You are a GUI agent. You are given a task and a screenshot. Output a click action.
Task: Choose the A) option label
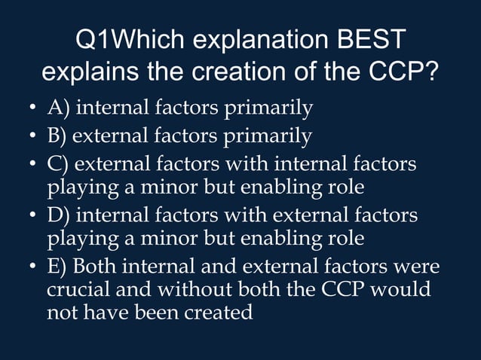click(60, 109)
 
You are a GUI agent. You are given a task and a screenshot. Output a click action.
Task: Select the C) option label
click(60, 163)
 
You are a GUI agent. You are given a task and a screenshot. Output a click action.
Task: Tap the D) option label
click(60, 215)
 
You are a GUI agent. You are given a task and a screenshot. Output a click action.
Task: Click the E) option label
click(59, 267)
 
